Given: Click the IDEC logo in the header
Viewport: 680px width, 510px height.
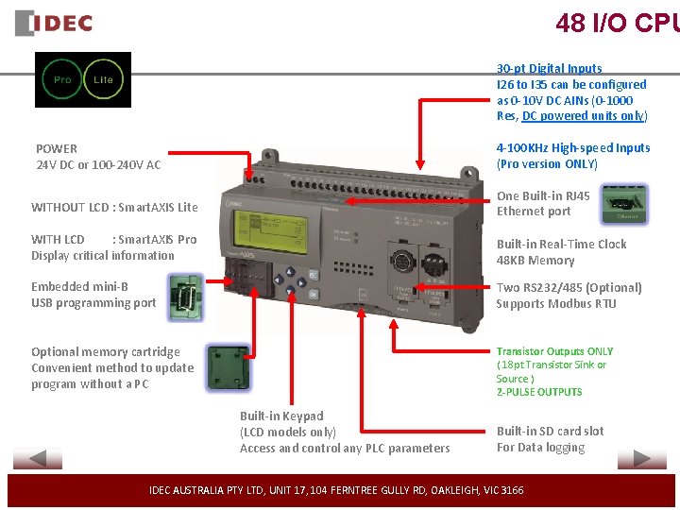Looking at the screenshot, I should pyautogui.click(x=55, y=24).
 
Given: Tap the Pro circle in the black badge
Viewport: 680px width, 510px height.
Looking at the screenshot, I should pyautogui.click(x=62, y=80).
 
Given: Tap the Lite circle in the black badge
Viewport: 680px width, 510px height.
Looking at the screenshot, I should pyautogui.click(x=103, y=80).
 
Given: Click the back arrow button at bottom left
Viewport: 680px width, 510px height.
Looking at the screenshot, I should pyautogui.click(x=38, y=460).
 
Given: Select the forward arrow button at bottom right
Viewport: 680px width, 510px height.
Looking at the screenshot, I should pyautogui.click(x=641, y=460).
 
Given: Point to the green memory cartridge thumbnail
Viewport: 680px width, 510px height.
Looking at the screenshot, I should pyautogui.click(x=227, y=368).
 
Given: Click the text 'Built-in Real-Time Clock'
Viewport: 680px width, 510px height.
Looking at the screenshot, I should pyautogui.click(x=561, y=244).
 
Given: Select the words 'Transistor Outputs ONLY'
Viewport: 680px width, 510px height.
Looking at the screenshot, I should pyautogui.click(x=554, y=351).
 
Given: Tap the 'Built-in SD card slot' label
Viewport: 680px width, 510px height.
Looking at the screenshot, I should pyautogui.click(x=550, y=432).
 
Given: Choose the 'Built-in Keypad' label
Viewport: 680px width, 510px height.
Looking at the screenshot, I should pyautogui.click(x=281, y=416).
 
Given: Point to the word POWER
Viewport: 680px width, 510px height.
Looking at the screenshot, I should pyautogui.click(x=57, y=148).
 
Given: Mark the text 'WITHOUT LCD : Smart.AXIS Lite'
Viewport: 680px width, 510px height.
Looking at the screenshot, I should pyautogui.click(x=114, y=207).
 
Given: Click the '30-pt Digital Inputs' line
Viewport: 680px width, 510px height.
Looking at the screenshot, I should pyautogui.click(x=549, y=68).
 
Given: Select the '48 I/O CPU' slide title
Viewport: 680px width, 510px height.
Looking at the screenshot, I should pyautogui.click(x=617, y=23).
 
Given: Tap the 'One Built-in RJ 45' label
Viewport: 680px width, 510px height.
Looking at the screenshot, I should pyautogui.click(x=543, y=195).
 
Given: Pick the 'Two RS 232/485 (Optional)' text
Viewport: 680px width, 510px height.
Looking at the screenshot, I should pyautogui.click(x=569, y=287).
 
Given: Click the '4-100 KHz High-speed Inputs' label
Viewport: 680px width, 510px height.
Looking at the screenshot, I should pyautogui.click(x=573, y=147).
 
